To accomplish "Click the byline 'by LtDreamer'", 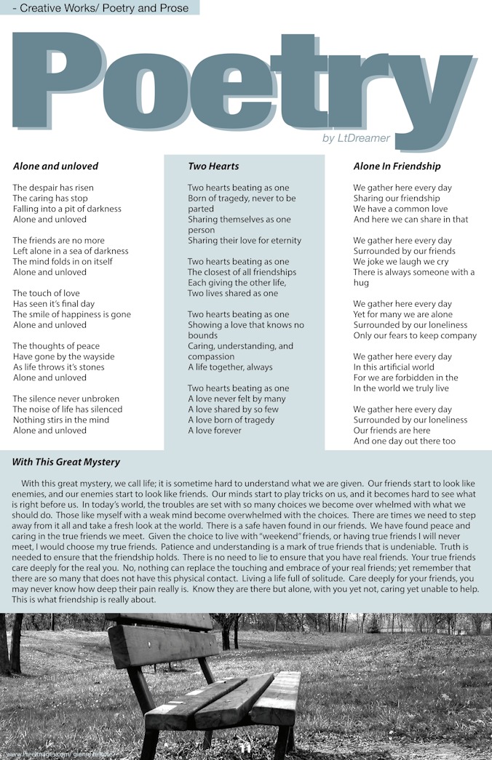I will pyautogui.click(x=356, y=138).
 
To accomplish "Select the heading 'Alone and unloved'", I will pyautogui.click(x=55, y=166).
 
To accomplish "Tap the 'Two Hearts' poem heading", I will pyautogui.click(x=213, y=166).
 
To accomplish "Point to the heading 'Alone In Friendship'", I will pyautogui.click(x=397, y=166).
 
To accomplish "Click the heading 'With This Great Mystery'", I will pyautogui.click(x=66, y=462).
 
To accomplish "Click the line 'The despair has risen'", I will pyautogui.click(x=53, y=188).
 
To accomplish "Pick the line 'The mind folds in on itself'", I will pyautogui.click(x=63, y=261).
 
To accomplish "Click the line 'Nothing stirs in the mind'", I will pyautogui.click(x=61, y=420).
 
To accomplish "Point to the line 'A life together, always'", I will pyautogui.click(x=230, y=367).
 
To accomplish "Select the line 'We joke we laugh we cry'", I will pyautogui.click(x=401, y=262).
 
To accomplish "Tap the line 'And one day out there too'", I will pyautogui.click(x=404, y=441).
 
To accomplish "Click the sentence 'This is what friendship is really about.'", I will pyautogui.click(x=84, y=600).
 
